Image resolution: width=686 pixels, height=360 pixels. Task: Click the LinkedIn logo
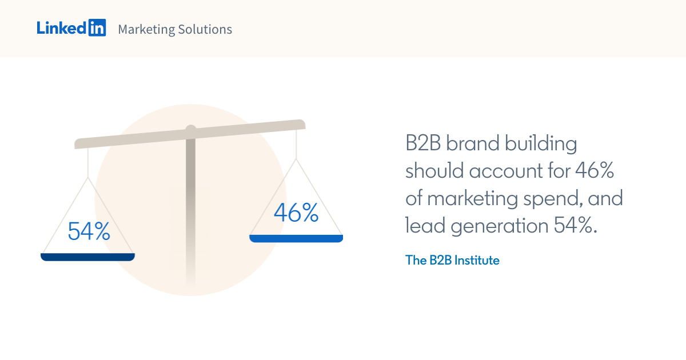click(71, 28)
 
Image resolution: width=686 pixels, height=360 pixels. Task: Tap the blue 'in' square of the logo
click(97, 28)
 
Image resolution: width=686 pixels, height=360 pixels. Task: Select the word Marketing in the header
click(146, 29)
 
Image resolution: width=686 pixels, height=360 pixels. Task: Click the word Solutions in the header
click(205, 29)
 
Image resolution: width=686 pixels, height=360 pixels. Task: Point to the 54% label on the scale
click(89, 231)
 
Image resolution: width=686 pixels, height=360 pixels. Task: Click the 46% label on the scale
click(296, 213)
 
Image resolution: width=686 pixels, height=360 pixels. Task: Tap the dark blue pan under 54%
click(87, 257)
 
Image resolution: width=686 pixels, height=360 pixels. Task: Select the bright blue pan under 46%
click(296, 238)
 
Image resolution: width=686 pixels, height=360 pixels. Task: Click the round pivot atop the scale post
click(191, 129)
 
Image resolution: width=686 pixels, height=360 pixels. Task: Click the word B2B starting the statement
click(423, 143)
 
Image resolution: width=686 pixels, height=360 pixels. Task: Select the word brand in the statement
click(470, 143)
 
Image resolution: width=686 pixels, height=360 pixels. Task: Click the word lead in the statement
click(425, 226)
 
